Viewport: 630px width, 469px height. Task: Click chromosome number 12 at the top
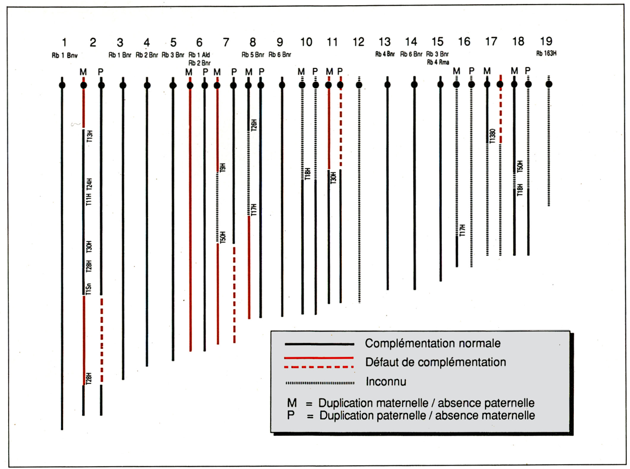click(358, 42)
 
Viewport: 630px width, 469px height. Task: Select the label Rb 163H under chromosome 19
click(546, 53)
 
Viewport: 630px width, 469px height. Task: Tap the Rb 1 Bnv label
click(64, 56)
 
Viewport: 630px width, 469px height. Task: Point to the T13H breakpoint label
click(90, 136)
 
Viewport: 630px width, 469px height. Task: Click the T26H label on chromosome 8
click(254, 125)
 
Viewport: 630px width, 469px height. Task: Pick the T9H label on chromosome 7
click(223, 167)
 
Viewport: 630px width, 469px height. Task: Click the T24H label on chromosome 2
click(89, 184)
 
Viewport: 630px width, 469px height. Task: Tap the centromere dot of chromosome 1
click(62, 85)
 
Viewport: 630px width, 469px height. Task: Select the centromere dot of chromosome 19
click(549, 84)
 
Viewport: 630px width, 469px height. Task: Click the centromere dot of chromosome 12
click(359, 85)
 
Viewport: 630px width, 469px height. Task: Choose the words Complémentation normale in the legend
click(433, 343)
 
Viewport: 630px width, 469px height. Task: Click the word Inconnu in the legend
click(386, 381)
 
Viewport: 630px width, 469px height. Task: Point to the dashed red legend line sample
click(319, 367)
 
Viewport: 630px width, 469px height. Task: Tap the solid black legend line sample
click(319, 344)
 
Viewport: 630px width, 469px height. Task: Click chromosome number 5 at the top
click(173, 42)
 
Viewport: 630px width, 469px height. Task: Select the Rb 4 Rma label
click(438, 62)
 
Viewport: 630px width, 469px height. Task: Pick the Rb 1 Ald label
click(199, 55)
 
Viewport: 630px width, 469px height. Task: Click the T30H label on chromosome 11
click(334, 178)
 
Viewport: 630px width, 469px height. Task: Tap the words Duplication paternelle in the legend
click(372, 416)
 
